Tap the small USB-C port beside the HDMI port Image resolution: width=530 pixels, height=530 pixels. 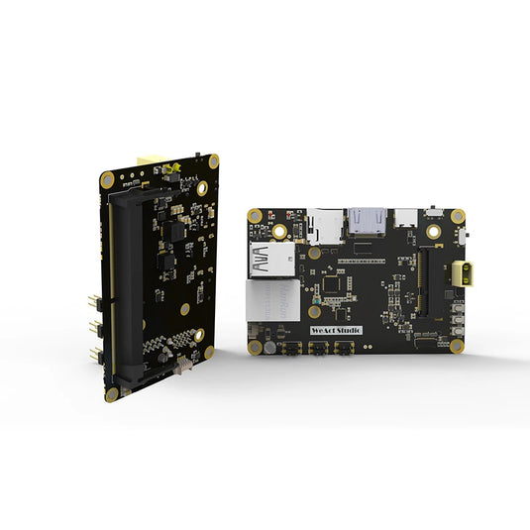[405, 217]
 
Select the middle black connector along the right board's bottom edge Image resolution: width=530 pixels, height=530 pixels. [319, 349]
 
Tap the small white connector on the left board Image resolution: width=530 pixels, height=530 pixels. [181, 366]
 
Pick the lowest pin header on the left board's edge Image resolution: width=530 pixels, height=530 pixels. [93, 354]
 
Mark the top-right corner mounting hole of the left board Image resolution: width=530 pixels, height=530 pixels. [202, 186]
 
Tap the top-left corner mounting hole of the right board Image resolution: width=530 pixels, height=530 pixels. [256, 215]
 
